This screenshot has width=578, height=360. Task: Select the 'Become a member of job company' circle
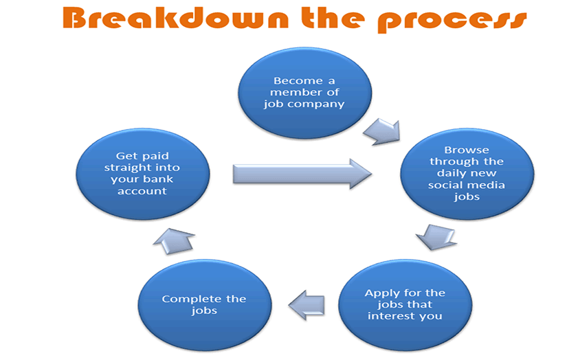point(304,93)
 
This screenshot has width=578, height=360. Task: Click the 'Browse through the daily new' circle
point(467,174)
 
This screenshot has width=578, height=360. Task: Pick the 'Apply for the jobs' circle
point(405,305)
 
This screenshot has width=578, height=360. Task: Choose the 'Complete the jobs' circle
point(205,305)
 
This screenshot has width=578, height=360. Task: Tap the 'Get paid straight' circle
point(143,174)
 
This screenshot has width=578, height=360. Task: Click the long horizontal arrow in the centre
point(302,174)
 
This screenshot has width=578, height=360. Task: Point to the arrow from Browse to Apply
point(436,237)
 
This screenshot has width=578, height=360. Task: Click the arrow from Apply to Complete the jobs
point(307,305)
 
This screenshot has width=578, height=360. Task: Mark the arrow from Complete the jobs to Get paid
point(174,241)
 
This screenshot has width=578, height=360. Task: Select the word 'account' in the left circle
point(142,191)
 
